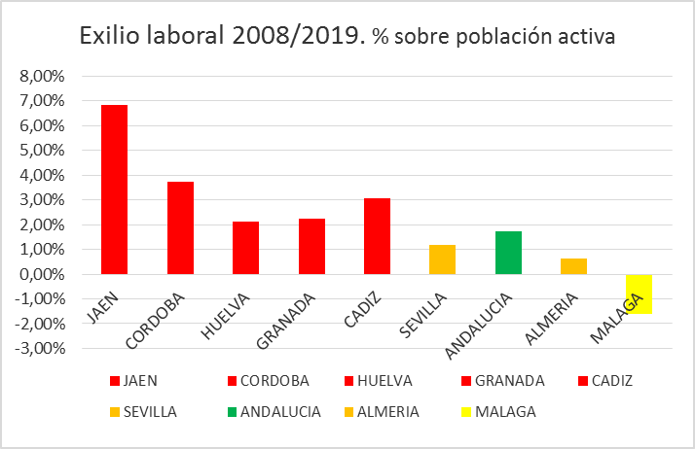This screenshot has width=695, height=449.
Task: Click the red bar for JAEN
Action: click(x=115, y=190)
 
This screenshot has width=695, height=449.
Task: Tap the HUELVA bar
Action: click(x=245, y=248)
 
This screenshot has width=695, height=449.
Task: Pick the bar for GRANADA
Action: click(x=311, y=247)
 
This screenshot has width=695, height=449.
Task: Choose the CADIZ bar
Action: click(x=377, y=236)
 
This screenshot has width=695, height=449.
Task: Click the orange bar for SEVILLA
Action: click(x=442, y=259)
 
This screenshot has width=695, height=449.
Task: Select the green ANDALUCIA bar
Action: click(x=508, y=253)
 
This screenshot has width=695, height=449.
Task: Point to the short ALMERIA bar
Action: click(x=573, y=266)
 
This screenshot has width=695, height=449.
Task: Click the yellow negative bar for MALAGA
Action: click(x=639, y=294)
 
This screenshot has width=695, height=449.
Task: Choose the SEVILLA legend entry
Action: click(x=146, y=411)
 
